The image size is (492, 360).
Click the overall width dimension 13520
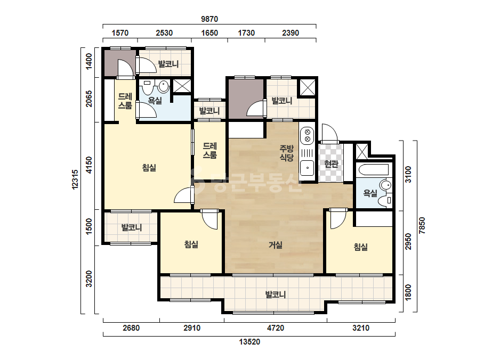tap(249, 341)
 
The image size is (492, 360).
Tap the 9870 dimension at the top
tap(209, 19)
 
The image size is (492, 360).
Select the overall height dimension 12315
tap(75, 179)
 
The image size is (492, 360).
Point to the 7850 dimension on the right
tap(422, 225)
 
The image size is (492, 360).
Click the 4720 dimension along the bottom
tap(275, 328)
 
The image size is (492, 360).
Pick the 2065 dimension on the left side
tap(89, 99)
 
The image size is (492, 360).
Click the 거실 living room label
tap(275, 245)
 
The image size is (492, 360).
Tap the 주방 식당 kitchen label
tap(286, 153)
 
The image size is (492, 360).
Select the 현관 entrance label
tap(331, 163)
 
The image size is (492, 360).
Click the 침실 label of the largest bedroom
tap(149, 168)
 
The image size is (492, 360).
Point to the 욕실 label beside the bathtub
tap(370, 193)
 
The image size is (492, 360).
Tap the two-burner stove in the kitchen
tap(307, 135)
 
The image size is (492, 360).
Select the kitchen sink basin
tap(307, 168)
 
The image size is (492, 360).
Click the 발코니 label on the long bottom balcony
tap(276, 295)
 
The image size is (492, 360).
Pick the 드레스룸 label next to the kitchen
tap(209, 151)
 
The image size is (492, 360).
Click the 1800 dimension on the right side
tap(408, 292)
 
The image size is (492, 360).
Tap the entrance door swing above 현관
tap(329, 133)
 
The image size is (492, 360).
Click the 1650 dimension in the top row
tap(209, 33)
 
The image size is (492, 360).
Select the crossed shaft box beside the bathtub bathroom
tap(361, 151)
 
